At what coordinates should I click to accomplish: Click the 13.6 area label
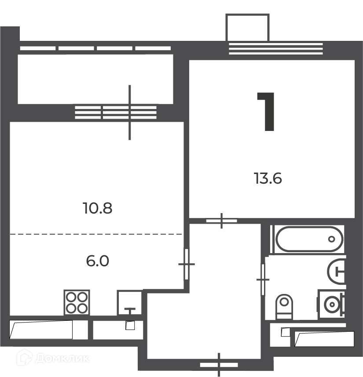(x=268, y=178)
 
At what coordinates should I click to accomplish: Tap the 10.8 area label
(x=98, y=208)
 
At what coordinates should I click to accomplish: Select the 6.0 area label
(x=98, y=261)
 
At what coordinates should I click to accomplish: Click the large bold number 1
(x=266, y=112)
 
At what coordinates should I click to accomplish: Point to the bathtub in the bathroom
(x=309, y=239)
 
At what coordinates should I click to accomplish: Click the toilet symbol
(x=284, y=307)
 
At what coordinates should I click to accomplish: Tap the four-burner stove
(x=77, y=302)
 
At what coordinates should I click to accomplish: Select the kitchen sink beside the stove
(x=129, y=303)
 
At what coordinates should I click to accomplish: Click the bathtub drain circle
(x=331, y=239)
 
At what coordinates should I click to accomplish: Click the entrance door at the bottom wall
(x=219, y=365)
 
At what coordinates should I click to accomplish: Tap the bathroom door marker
(x=263, y=279)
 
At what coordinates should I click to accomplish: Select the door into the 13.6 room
(x=222, y=221)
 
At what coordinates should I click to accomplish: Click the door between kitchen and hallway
(x=186, y=264)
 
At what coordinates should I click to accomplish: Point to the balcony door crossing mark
(x=129, y=112)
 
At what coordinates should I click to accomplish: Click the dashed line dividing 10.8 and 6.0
(x=96, y=234)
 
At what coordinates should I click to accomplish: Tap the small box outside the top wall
(x=247, y=27)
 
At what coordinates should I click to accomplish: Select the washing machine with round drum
(x=332, y=304)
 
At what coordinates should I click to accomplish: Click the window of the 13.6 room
(x=275, y=49)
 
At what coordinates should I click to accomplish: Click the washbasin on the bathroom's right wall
(x=336, y=271)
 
